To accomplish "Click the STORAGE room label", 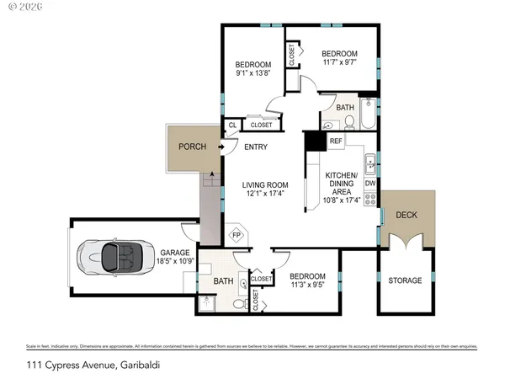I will click(405, 280).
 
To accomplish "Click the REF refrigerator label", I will click(335, 141).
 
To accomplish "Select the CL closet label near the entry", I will click(232, 125).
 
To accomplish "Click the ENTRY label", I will click(256, 147).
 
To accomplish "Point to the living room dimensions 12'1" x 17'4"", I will click(265, 195).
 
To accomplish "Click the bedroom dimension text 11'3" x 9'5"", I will click(306, 285).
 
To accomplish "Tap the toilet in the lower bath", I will click(239, 303).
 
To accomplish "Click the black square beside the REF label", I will click(315, 141).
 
